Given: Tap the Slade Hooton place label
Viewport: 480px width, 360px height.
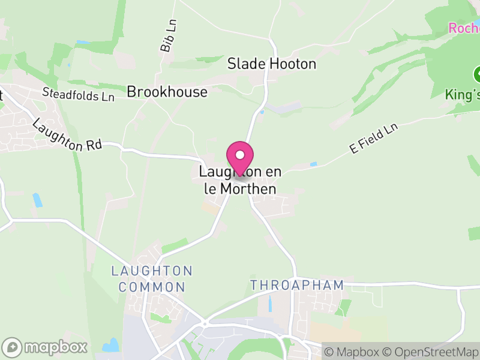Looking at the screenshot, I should tap(271, 64).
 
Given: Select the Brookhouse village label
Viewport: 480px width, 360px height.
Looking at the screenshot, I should tap(167, 92).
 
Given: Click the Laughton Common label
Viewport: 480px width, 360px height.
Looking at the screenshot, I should tap(151, 279).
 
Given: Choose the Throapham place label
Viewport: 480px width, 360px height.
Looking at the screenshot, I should tap(297, 285).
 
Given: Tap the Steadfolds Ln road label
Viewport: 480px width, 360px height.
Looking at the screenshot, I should tap(78, 94).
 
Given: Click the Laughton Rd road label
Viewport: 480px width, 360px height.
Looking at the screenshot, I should tap(67, 135).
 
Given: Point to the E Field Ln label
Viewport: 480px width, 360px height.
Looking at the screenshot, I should tap(374, 139).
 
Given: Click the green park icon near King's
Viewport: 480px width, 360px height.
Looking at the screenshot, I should tap(478, 74).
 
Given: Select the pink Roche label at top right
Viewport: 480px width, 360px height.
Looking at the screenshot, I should tap(464, 28).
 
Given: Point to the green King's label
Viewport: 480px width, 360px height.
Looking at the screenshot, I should tap(462, 94).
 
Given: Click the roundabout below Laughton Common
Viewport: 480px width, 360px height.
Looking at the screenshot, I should tap(205, 323).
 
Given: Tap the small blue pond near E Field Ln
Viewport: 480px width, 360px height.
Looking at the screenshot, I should tap(313, 164).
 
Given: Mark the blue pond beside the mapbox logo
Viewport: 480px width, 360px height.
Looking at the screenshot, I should tap(111, 345).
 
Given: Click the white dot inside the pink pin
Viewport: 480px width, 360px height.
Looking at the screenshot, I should tap(240, 155).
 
